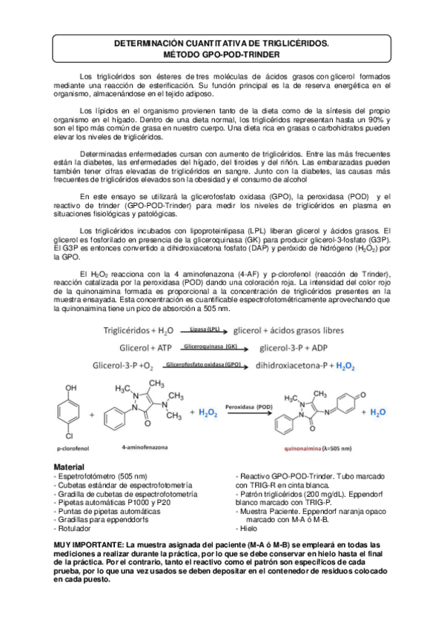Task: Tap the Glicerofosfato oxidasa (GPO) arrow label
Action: point(205,364)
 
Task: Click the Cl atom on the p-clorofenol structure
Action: point(70,435)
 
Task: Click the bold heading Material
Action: point(70,467)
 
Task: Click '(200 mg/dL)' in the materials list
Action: point(320,493)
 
